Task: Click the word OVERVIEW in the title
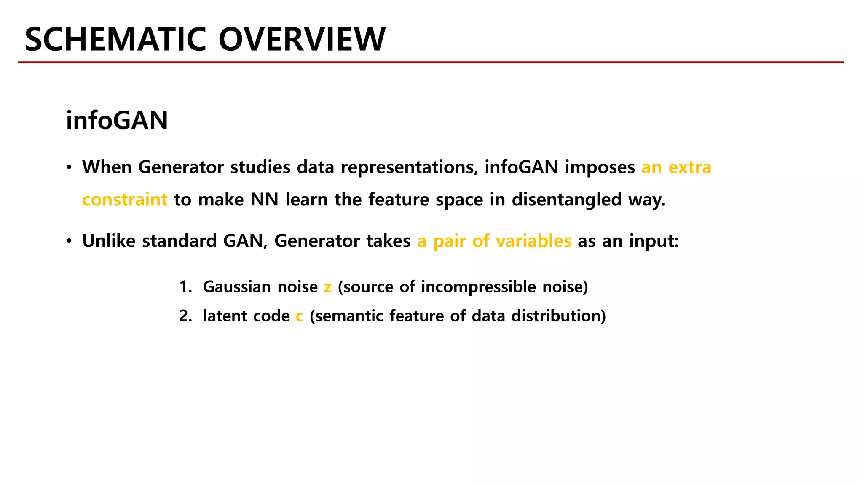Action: (302, 39)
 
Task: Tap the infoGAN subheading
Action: (117, 120)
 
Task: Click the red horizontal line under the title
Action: (431, 62)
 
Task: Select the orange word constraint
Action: (125, 200)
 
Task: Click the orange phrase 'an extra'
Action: (676, 167)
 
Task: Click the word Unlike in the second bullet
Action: (109, 241)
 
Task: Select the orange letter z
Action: (327, 287)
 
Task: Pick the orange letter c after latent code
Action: (300, 316)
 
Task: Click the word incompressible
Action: (478, 287)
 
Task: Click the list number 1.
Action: (185, 287)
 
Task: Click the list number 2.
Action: (185, 316)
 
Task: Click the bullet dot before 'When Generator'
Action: (69, 167)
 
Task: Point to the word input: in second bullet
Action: (654, 241)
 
